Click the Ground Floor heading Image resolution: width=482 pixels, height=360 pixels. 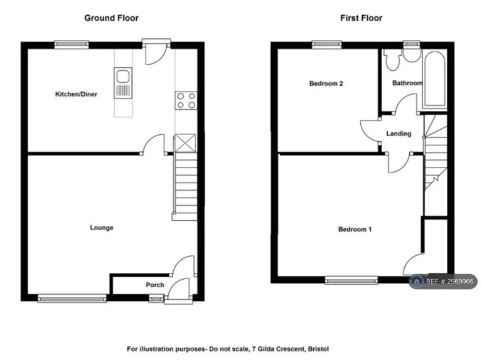(x=111, y=18)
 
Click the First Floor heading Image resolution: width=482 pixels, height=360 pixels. (x=361, y=18)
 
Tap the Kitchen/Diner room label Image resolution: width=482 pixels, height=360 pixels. (x=76, y=94)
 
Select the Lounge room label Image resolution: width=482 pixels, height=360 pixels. (x=102, y=228)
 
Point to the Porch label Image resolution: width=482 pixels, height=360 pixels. (x=155, y=285)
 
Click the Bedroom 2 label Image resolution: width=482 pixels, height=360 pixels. (x=326, y=83)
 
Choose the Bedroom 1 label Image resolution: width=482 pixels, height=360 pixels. (x=355, y=229)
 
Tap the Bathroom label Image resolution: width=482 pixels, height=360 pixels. (x=407, y=83)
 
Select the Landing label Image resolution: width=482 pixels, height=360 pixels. (x=399, y=134)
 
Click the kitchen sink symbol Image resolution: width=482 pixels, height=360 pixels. (x=123, y=83)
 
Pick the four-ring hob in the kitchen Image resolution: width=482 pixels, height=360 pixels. (x=186, y=101)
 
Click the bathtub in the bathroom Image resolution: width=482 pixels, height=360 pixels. (x=434, y=79)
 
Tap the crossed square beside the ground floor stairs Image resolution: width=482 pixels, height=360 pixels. (x=185, y=143)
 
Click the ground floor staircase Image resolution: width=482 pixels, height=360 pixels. (x=185, y=187)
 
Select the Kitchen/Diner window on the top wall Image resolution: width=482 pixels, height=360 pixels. (x=72, y=45)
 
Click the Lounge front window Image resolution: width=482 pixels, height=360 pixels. (x=72, y=299)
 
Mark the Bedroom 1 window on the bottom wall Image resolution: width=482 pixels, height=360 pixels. (x=351, y=280)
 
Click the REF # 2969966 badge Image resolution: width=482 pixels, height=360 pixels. (x=443, y=282)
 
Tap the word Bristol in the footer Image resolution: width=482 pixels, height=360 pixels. (x=318, y=349)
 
